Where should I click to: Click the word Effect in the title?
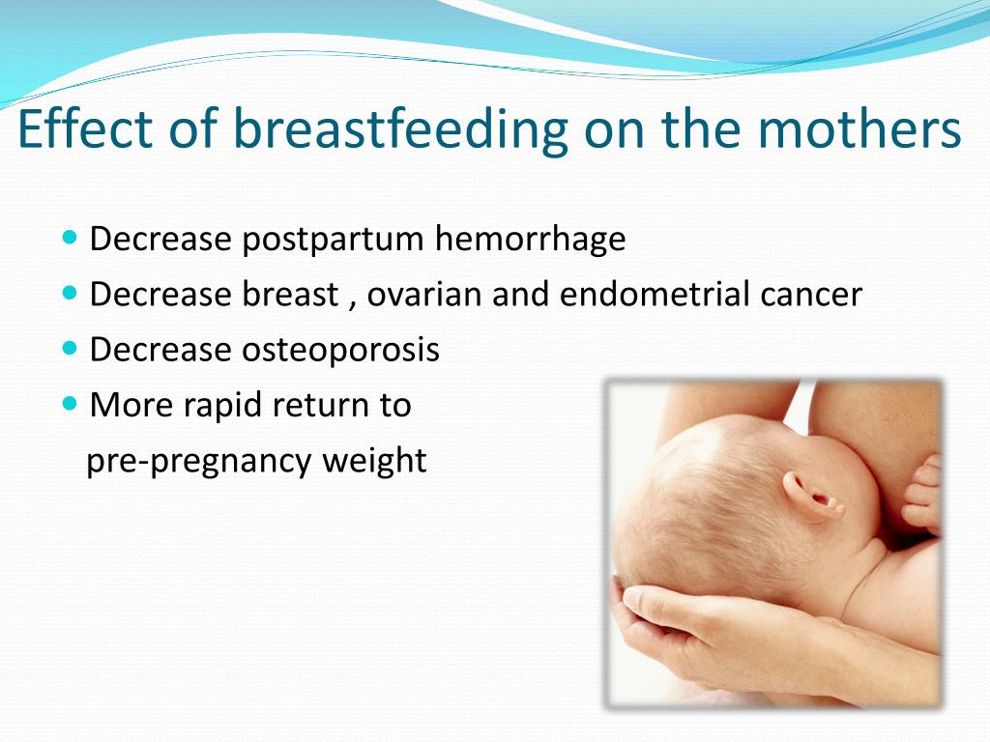tap(86, 128)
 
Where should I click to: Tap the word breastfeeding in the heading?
tap(401, 130)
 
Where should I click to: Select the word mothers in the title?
tap(859, 128)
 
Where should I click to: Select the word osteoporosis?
tap(341, 350)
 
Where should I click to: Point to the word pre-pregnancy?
tap(198, 461)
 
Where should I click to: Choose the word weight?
tap(374, 460)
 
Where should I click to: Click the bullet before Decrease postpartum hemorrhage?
tap(70, 238)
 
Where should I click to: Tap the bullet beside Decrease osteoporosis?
tap(70, 348)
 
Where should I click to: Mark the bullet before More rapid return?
tap(70, 404)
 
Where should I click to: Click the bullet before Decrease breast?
tap(70, 293)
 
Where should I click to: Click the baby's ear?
tap(812, 496)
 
